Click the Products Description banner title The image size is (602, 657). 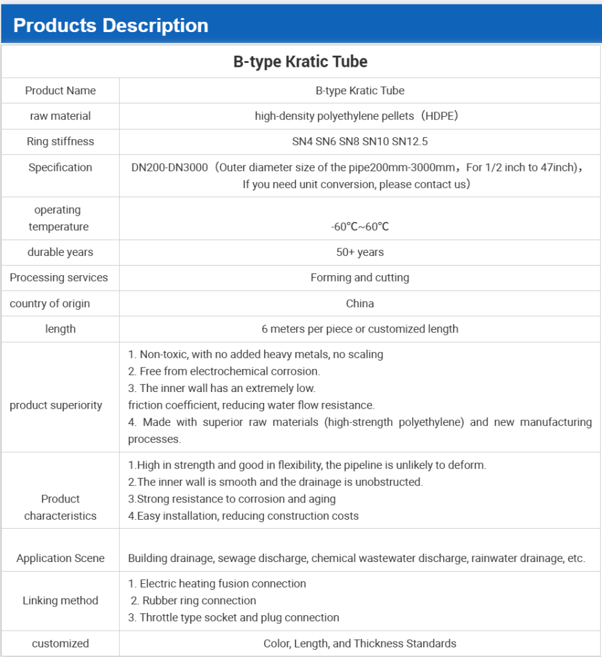110,26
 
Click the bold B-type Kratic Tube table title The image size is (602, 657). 300,62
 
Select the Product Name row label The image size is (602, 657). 60,90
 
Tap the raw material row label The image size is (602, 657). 60,116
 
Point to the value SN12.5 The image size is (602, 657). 410,142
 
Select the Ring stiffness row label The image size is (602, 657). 60,142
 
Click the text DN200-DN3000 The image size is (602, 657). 169,167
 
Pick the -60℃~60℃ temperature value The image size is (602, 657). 360,226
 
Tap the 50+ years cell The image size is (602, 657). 360,252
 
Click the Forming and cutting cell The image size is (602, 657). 360,278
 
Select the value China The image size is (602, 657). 360,303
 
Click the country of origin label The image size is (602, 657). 50,303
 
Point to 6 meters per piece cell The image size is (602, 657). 360,329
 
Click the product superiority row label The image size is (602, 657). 56,405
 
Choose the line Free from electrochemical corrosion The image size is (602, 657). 224,371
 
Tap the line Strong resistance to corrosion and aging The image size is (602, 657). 232,499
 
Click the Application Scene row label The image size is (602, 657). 60,558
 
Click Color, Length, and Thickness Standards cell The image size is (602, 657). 360,643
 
